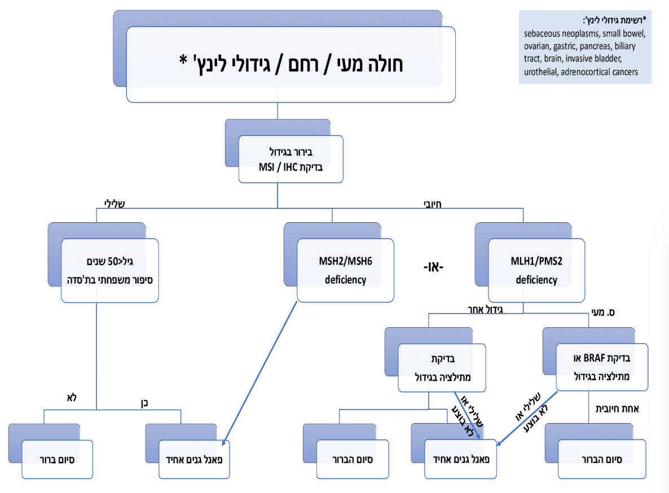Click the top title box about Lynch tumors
coord(291,64)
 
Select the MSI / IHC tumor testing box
coord(291,159)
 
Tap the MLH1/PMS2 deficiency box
coord(536,270)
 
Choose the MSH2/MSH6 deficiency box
coord(345,270)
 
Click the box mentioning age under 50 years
coord(109,270)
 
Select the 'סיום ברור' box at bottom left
coord(58,459)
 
